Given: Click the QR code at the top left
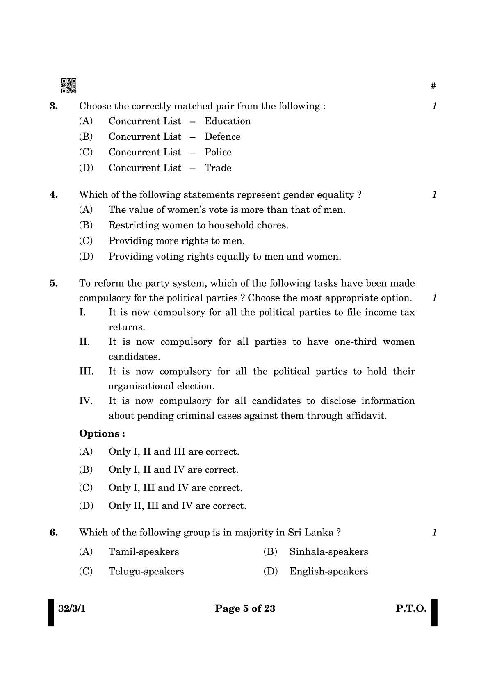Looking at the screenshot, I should coord(68,86).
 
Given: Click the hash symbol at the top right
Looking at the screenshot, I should coord(433,86).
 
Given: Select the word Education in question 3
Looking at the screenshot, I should coord(228,121).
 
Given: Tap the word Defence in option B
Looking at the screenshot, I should coord(222,137).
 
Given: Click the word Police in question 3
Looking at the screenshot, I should coord(218,153).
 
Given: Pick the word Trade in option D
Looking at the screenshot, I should coord(218,168).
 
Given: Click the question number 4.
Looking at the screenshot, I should coord(54,195).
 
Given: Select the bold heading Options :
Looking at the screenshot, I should coord(102,434).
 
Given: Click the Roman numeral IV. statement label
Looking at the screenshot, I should coord(86,401).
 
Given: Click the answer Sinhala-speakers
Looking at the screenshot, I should coord(328,552).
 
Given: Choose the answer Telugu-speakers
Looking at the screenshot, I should coord(146,572).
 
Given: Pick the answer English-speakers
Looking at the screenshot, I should coord(328,572).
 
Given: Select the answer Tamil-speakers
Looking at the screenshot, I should coord(144,552).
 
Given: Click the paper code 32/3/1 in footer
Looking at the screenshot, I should coord(72,608).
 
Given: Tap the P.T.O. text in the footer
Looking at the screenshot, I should coord(411,608).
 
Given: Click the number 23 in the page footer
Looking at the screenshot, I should coord(269,608).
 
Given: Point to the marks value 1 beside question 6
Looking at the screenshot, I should coord(434,533).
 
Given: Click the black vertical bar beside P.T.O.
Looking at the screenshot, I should coord(434,613).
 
